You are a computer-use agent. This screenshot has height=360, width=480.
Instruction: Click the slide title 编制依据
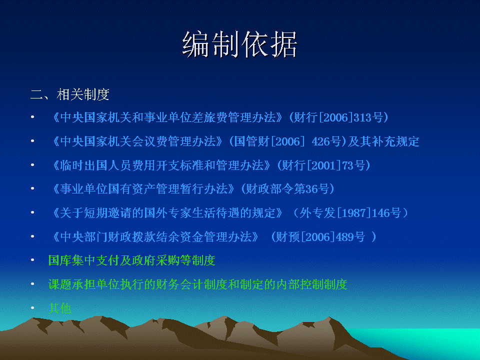click(x=239, y=44)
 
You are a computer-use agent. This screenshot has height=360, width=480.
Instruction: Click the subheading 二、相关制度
click(x=70, y=94)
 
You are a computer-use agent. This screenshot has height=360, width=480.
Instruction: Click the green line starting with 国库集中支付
click(x=131, y=260)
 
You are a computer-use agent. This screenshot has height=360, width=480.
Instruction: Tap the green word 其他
click(x=59, y=308)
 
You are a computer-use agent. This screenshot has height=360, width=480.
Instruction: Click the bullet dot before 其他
click(x=32, y=308)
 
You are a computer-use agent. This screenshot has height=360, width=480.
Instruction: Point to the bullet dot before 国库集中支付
click(x=32, y=260)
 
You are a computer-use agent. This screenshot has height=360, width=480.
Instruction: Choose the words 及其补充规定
click(x=383, y=141)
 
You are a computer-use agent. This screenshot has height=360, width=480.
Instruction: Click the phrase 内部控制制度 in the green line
click(x=311, y=284)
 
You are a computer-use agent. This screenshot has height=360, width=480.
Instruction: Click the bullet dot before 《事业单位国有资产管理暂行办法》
click(x=32, y=188)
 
